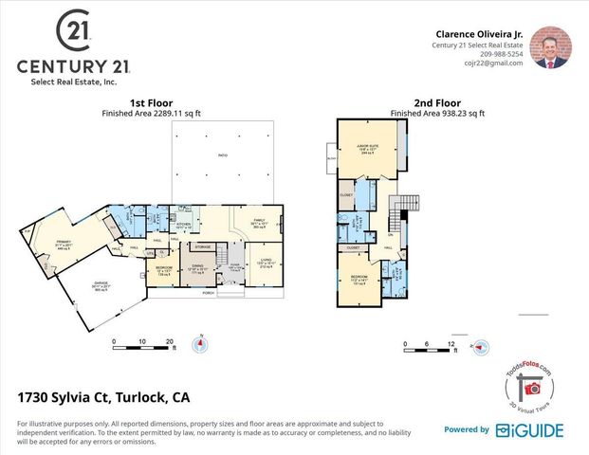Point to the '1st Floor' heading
tap(149, 102)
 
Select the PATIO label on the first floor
tap(223, 155)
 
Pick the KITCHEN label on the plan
tap(183, 225)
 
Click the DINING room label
tap(197, 266)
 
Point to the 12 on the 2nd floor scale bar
tap(451, 343)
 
